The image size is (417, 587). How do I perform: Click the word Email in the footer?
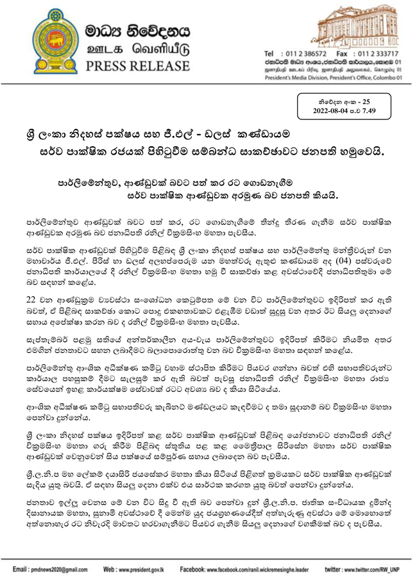pyautogui.click(x=21, y=569)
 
